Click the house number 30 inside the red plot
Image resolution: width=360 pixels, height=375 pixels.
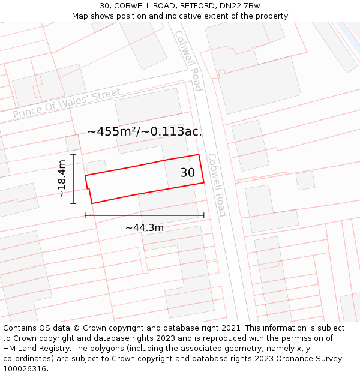point(188,173)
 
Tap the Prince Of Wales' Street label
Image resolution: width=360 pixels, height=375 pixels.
point(67,104)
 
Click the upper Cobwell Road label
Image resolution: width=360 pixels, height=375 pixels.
point(188,60)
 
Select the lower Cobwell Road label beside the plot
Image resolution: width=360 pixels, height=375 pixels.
point(216,185)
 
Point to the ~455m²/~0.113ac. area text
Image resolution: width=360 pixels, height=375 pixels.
point(145,131)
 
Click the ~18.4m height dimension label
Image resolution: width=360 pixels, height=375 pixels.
point(62,179)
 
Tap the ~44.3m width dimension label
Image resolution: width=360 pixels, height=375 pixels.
point(144,227)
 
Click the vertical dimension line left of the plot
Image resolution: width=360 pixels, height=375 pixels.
point(73,179)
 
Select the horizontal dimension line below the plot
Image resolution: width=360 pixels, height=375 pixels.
point(144,215)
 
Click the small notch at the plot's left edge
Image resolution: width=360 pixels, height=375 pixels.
point(88,190)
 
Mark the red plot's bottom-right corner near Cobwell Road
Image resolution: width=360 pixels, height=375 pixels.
point(204,183)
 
